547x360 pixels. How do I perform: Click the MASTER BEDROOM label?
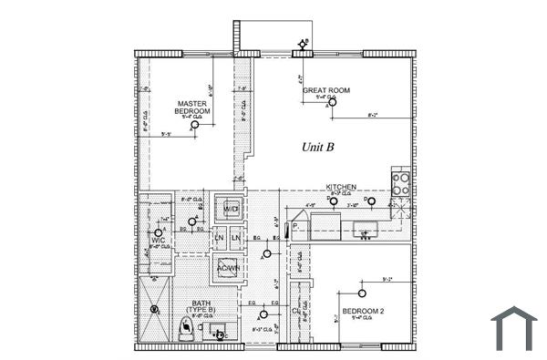point(192,107)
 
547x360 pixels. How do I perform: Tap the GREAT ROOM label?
point(326,90)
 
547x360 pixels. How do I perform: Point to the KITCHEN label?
point(341,186)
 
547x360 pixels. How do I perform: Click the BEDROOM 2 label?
point(363,312)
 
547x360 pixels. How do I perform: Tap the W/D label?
point(231,210)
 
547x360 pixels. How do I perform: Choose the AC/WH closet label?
point(226,268)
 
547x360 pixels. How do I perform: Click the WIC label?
point(157,241)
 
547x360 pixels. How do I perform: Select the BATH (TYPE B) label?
point(200,307)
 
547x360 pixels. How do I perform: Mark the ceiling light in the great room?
point(333,103)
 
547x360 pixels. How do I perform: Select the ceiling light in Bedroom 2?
point(363,293)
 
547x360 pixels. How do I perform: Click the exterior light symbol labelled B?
point(303,44)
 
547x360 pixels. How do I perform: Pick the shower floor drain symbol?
point(155,310)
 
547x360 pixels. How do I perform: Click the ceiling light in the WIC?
point(158,232)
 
